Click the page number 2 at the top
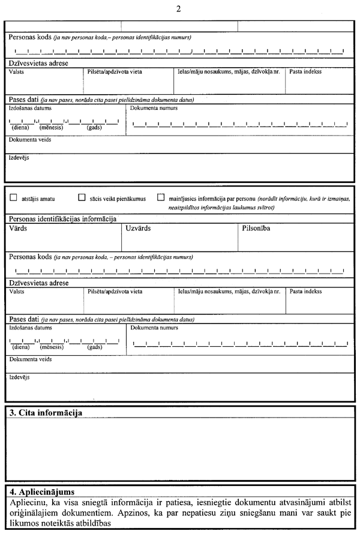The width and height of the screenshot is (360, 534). (x=179, y=8)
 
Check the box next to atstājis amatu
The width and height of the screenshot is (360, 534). (x=14, y=197)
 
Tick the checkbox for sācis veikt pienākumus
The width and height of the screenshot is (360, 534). (x=82, y=197)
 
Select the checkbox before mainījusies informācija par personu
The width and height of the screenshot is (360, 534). (x=161, y=197)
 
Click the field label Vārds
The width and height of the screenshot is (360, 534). (x=19, y=229)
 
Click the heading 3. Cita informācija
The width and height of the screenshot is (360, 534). (x=46, y=413)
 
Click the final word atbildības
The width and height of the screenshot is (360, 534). (x=91, y=523)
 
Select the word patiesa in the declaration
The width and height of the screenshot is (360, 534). (x=175, y=501)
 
